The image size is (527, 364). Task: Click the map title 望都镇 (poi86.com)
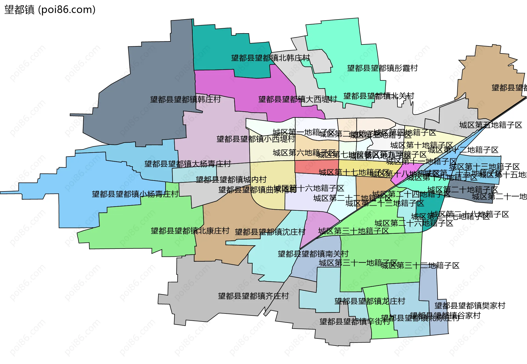[x=50, y=10]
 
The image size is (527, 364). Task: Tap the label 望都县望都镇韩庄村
[x=186, y=99]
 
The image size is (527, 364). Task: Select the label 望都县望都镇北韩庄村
[x=270, y=58]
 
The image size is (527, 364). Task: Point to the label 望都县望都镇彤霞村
[x=382, y=68]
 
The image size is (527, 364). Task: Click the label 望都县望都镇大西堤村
[x=298, y=99]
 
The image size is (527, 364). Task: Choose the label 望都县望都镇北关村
[x=379, y=96]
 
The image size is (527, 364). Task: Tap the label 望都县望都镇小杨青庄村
[x=135, y=194]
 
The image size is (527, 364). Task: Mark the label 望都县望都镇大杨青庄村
[x=188, y=164]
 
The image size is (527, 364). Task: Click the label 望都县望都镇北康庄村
[x=190, y=231]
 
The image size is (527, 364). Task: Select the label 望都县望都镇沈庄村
[x=270, y=232]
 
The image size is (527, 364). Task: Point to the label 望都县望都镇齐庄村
[x=253, y=296]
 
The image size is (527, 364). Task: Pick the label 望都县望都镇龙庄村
[x=370, y=301]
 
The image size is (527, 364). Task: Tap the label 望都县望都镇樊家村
[x=470, y=306]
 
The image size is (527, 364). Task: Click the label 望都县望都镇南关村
[x=313, y=254]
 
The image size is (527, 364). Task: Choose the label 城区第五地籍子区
[x=491, y=125]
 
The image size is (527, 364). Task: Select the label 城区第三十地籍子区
[x=354, y=231]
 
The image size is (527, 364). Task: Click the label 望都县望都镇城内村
[x=231, y=180]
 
